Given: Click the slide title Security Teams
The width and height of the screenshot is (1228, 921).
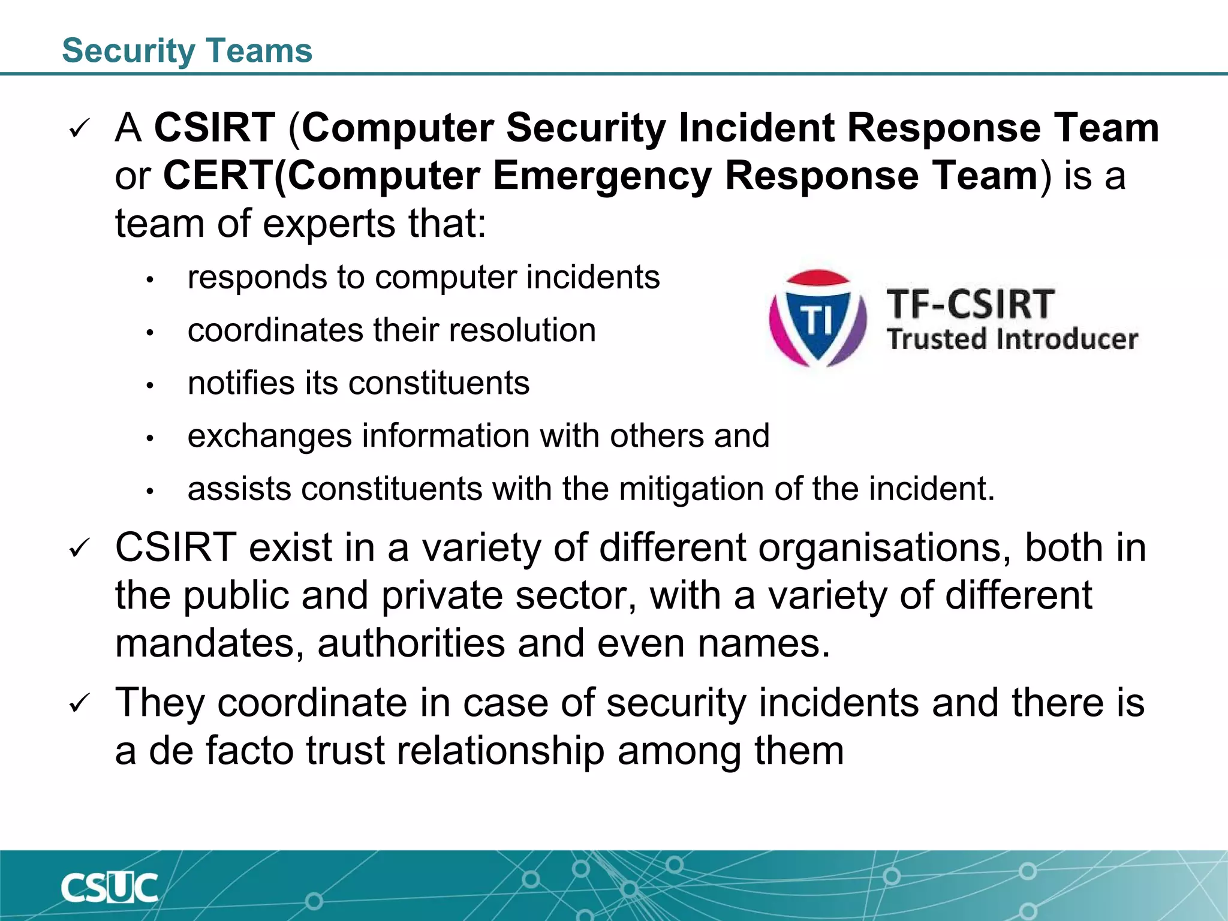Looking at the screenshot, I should point(187,50).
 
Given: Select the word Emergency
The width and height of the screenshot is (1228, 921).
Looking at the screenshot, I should point(602,177).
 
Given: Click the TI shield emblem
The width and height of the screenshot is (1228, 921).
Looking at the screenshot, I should point(817,318).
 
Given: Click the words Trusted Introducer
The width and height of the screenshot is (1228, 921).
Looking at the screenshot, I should point(1012,339).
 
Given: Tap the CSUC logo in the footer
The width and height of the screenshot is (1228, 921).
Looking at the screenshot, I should point(109,888).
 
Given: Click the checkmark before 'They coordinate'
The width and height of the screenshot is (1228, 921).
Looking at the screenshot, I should point(79,703).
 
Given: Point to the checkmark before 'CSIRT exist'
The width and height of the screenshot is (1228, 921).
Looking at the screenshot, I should point(79,549).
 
